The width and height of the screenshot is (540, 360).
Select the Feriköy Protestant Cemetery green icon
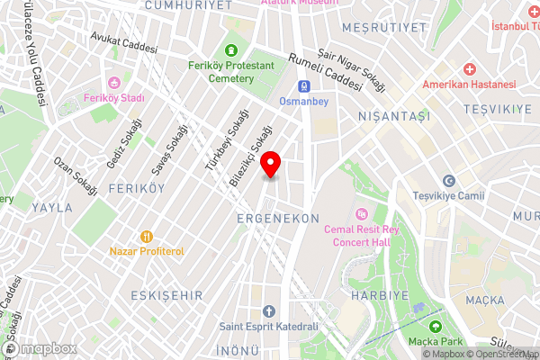tap(232, 50)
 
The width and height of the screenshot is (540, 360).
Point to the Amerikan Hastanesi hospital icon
tap(469, 69)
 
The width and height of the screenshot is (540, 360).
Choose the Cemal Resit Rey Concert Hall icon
tap(362, 213)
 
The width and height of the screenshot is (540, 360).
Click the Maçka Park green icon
tap(437, 326)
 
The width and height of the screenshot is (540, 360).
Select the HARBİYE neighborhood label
tap(380, 294)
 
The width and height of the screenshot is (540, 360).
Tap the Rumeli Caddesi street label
tap(323, 69)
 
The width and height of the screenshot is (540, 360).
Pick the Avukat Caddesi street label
tap(124, 42)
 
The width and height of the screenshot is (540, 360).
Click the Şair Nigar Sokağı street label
tap(356, 69)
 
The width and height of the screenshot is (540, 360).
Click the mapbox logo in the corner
tap(38, 349)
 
